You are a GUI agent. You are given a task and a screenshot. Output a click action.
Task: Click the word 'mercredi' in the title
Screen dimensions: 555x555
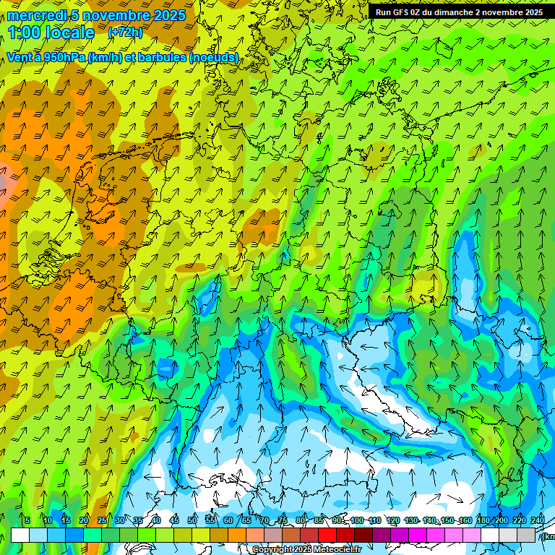pyautogui.click(x=37, y=15)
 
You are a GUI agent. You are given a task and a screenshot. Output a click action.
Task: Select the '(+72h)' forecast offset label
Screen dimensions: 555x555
pyautogui.click(x=125, y=33)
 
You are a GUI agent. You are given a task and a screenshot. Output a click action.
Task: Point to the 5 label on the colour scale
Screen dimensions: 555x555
pyautogui.click(x=27, y=521)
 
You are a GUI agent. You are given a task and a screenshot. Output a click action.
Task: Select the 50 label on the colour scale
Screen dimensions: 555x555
pyautogui.click(x=192, y=521)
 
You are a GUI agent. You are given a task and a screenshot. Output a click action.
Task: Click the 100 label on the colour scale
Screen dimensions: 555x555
pyautogui.click(x=357, y=521)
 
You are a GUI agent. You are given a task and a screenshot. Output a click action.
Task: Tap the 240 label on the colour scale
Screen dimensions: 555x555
pyautogui.click(x=538, y=521)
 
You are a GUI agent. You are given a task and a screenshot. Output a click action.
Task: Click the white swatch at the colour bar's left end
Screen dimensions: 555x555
pyautogui.click(x=20, y=535)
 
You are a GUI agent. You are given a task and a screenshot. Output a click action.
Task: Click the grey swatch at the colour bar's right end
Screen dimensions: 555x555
pyautogui.click(x=526, y=535)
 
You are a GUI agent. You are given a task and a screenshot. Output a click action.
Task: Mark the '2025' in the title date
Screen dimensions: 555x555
pyautogui.click(x=165, y=15)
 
